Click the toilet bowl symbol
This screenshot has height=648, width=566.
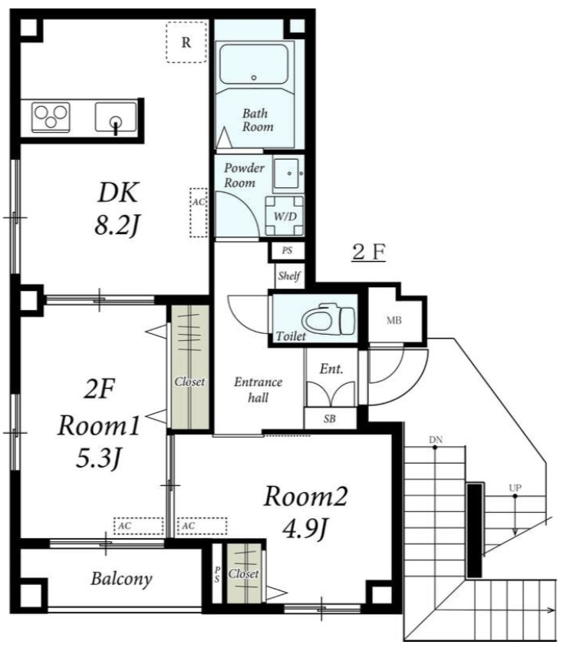coord(328,319)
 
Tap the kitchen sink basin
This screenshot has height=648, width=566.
coord(116,117)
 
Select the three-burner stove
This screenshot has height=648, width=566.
coord(51,117)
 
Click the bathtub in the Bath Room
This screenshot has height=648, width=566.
coord(254,64)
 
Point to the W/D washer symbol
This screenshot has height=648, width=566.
coord(285,216)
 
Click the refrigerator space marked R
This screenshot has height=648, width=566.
coord(186,42)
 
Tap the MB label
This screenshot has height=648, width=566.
coord(394,320)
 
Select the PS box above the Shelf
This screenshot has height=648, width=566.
coord(288,251)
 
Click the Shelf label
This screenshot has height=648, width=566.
coord(289,276)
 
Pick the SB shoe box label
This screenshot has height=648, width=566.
coord(330,419)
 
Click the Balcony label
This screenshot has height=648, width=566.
coord(121,579)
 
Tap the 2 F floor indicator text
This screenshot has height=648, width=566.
coord(369,253)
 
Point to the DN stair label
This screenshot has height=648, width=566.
coord(436,440)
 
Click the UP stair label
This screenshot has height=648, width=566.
coord(515,488)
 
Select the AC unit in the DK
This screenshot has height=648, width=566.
coord(199,213)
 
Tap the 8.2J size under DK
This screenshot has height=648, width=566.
coord(117,226)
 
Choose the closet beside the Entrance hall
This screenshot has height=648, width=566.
coord(190,367)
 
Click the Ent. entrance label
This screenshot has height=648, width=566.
coord(331,369)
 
